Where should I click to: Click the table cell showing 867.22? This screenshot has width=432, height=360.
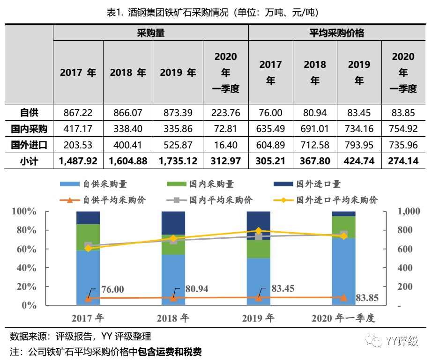pyautogui.click(x=78, y=113)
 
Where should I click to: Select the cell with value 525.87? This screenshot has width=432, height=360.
pyautogui.click(x=178, y=145)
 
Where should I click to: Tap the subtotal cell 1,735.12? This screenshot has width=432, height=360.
pyautogui.click(x=178, y=162)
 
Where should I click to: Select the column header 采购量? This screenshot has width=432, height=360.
pyautogui.click(x=150, y=33)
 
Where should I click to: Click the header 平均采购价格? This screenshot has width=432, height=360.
pyautogui.click(x=337, y=33)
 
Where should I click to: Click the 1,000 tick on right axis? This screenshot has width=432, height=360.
pyautogui.click(x=409, y=212)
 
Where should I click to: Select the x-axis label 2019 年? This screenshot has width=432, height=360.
pyautogui.click(x=258, y=319)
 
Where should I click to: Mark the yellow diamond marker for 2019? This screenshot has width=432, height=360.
pyautogui.click(x=259, y=231)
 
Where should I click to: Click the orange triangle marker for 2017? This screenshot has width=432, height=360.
pyautogui.click(x=88, y=298)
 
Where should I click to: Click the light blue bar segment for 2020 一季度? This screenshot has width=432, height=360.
pyautogui.click(x=343, y=272)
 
